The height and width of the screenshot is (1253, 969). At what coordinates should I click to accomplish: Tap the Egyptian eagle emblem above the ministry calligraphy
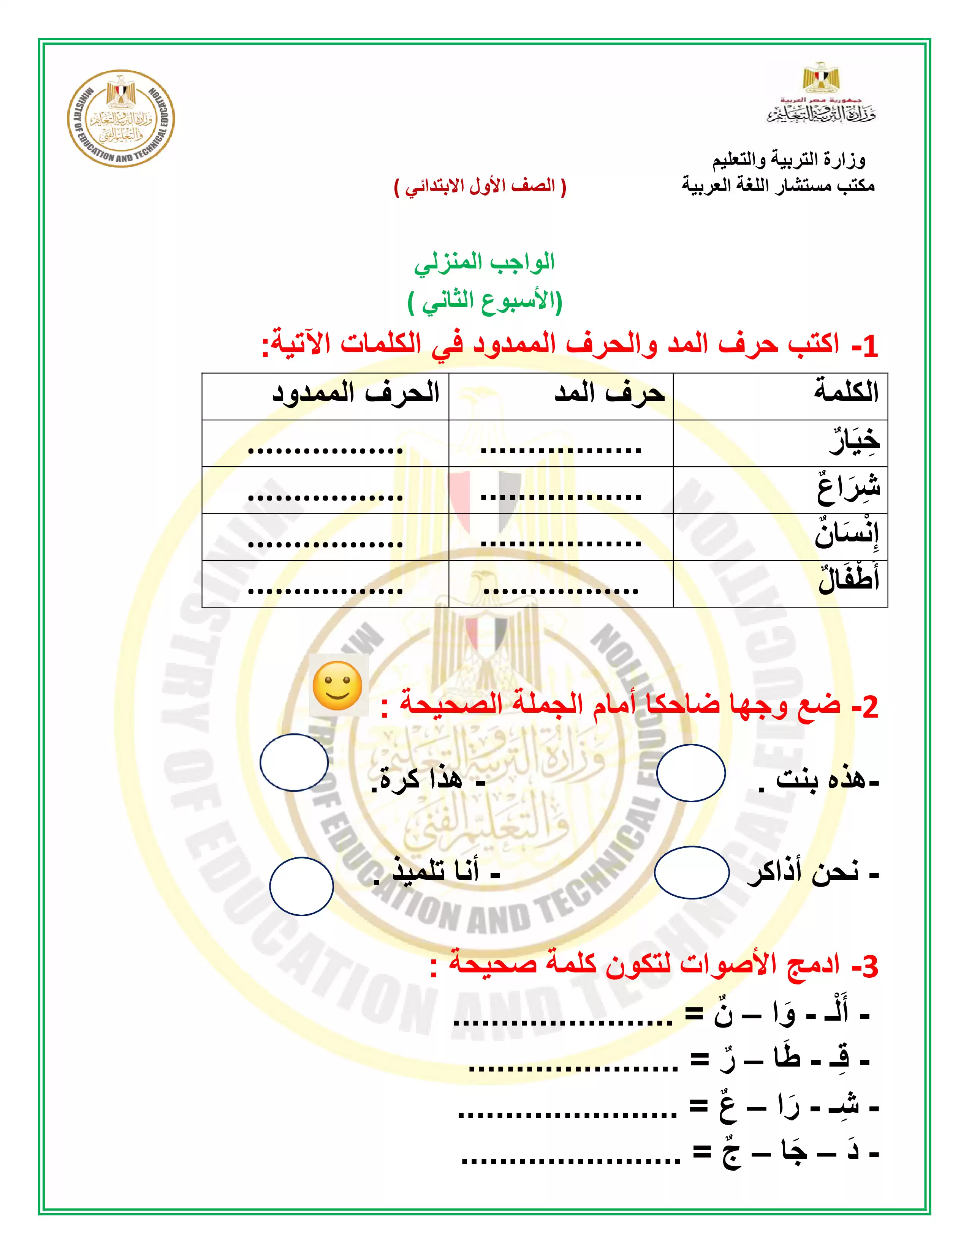pos(821,78)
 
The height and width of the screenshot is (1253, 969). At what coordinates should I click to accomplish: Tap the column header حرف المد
pos(609,394)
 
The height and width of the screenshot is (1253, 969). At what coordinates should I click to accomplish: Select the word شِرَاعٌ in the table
pos(849,488)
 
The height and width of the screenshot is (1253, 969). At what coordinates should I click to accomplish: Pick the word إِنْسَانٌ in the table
pos(847,535)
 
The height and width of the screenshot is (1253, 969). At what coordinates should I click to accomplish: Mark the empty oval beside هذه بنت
pos(690,773)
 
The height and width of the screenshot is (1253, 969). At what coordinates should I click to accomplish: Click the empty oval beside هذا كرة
pos(294,762)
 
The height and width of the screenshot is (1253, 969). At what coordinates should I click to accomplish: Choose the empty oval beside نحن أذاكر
pos(691,873)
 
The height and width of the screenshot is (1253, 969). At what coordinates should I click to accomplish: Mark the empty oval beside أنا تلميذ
pos(301,886)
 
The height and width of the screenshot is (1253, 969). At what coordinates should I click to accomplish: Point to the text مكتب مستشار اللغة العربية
pos(778,185)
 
